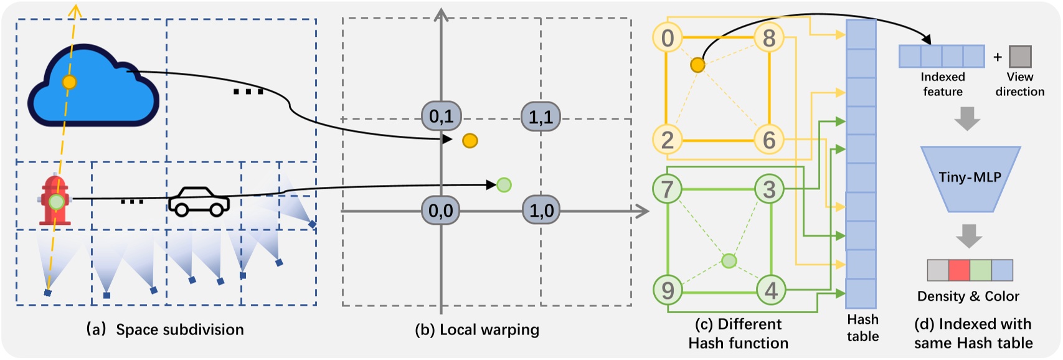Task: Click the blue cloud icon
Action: pos(93,90)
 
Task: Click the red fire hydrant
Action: pos(55,201)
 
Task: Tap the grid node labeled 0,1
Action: pos(441,116)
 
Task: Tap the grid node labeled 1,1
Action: pos(541,116)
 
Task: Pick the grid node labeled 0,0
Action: pos(441,211)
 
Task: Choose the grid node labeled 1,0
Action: pos(541,211)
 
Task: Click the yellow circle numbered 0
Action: pos(667,38)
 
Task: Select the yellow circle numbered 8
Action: pos(769,38)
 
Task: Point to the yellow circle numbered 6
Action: pos(769,140)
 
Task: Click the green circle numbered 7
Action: pos(667,189)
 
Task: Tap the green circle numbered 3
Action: pos(770,189)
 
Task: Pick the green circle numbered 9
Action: pos(667,290)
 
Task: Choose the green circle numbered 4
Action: pos(771,290)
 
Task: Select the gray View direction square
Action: pos(1020,57)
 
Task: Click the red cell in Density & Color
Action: pos(959,270)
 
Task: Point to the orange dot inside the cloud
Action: pos(69,82)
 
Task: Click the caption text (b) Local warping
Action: pos(477,329)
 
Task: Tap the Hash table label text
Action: pos(862,328)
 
